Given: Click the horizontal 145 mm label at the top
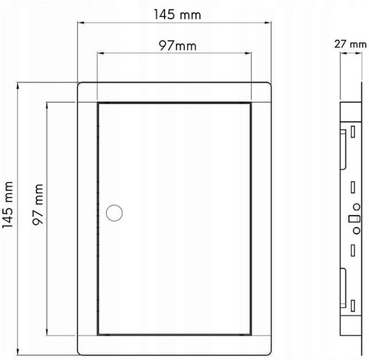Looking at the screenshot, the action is point(178,15).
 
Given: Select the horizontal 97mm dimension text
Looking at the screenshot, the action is point(178,46).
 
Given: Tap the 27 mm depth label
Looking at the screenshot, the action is point(350,44).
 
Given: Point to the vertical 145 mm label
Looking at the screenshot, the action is point(7,205).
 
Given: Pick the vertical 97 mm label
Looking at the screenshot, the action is point(38,204).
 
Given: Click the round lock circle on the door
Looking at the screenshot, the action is point(114,213).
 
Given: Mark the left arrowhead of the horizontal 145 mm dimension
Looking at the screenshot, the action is point(81,23).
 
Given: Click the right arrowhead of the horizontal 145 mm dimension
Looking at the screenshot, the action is point(268,23).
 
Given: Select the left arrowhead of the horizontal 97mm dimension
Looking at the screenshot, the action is point(101,53).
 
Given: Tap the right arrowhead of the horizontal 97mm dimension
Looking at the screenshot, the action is point(248,53).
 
